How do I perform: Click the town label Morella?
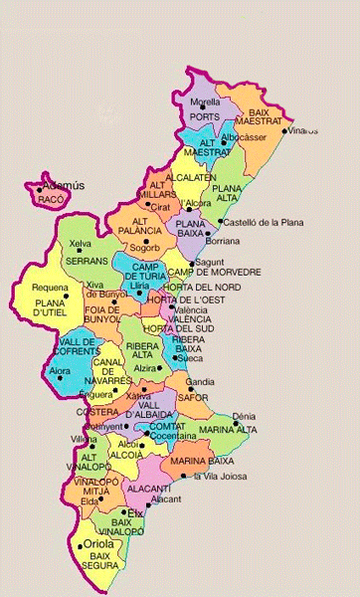pos(205,102)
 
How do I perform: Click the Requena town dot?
pos(66,296)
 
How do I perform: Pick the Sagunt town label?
pos(210,262)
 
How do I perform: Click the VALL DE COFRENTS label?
pos(63,347)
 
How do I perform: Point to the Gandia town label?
pos(200,382)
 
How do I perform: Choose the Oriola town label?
pos(98,544)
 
